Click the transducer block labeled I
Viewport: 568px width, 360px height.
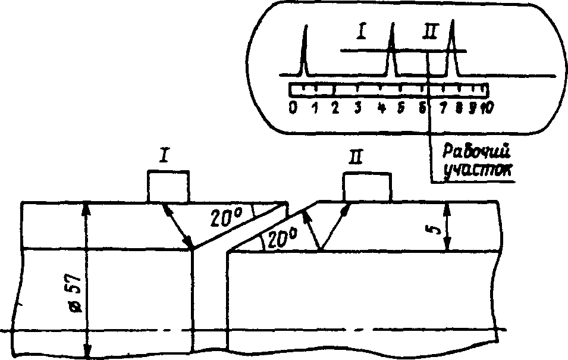coord(169,186)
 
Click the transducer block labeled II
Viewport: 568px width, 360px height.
coord(368,187)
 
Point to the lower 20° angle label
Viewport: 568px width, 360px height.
coord(280,239)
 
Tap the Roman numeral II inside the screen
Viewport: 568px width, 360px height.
coord(430,32)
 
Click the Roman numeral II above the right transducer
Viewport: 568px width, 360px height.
coord(355,158)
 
